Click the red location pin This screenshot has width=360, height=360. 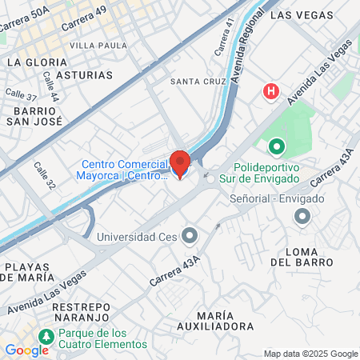tap(180, 163)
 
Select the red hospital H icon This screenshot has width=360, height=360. tap(272, 92)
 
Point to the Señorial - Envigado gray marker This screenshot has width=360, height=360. tap(302, 216)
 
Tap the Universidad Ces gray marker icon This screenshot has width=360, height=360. tap(190, 235)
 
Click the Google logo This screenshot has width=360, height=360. tap(26, 350)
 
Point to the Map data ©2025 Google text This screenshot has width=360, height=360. tap(311, 354)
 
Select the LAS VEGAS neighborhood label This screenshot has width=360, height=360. tap(300, 14)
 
